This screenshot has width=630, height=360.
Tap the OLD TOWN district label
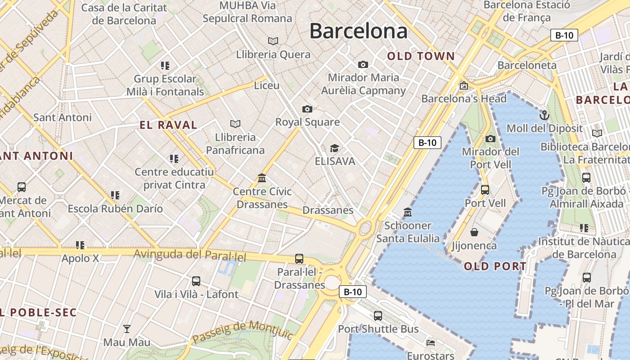pyautogui.click(x=421, y=56)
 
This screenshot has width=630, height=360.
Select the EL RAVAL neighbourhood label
pyautogui.click(x=168, y=125)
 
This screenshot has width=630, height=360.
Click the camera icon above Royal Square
pyautogui.click(x=307, y=109)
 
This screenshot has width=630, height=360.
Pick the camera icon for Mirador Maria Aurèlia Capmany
pyautogui.click(x=363, y=65)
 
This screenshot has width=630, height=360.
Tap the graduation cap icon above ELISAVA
pyautogui.click(x=334, y=148)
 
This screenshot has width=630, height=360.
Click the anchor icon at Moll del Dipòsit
pyautogui.click(x=544, y=115)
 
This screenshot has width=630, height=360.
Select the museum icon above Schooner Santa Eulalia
pyautogui.click(x=408, y=212)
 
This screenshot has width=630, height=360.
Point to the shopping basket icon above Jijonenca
pyautogui.click(x=474, y=232)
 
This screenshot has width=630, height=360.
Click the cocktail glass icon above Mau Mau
pyautogui.click(x=127, y=329)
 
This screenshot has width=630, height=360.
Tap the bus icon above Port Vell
pyautogui.click(x=485, y=190)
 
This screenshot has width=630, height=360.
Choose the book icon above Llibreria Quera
pyautogui.click(x=273, y=41)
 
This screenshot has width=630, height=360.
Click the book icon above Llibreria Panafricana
pyautogui.click(x=235, y=124)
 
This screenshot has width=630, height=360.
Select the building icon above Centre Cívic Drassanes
pyautogui.click(x=262, y=178)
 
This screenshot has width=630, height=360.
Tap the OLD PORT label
pyautogui.click(x=495, y=266)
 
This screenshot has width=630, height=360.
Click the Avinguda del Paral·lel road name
pyautogui.click(x=190, y=255)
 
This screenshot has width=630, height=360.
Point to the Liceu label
pyautogui.click(x=267, y=85)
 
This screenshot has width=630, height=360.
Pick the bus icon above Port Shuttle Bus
pyautogui.click(x=378, y=316)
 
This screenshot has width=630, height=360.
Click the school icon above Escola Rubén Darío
pyautogui.click(x=115, y=195)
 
